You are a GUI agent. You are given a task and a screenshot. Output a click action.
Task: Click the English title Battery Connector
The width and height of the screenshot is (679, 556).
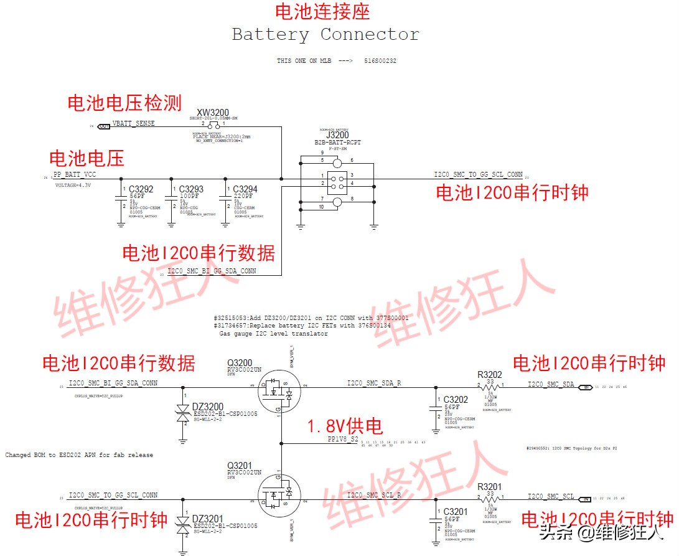coord(325,34)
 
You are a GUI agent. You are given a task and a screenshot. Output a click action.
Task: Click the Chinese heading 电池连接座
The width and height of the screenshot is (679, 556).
coord(322,11)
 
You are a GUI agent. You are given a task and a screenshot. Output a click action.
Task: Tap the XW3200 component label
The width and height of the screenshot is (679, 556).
coord(213,113)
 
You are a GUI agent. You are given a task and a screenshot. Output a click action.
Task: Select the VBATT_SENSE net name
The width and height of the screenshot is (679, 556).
coord(133,123)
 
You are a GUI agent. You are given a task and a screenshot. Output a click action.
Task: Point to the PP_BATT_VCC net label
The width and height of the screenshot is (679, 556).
coord(75,175)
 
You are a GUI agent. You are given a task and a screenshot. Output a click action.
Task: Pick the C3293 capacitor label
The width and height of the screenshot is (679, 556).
coord(191,189)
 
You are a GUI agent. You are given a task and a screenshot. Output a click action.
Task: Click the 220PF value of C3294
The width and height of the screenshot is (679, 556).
coord(244,196)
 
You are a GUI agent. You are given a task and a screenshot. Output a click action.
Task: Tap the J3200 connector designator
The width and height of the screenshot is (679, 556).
coord(337,134)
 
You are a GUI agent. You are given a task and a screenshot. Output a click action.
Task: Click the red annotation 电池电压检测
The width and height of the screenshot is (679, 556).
coord(124,103)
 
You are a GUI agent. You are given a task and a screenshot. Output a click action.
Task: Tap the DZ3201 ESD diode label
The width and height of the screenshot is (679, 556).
coord(207,519)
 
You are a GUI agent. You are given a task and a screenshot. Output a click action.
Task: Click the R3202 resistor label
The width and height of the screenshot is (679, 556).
coord(489,375)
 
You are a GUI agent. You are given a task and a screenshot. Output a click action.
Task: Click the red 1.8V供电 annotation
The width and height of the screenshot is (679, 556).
coord(344,426)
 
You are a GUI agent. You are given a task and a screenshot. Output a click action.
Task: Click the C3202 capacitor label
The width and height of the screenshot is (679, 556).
coord(456,399)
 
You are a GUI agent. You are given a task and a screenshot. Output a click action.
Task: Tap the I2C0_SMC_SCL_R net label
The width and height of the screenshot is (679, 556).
coord(374,495)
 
